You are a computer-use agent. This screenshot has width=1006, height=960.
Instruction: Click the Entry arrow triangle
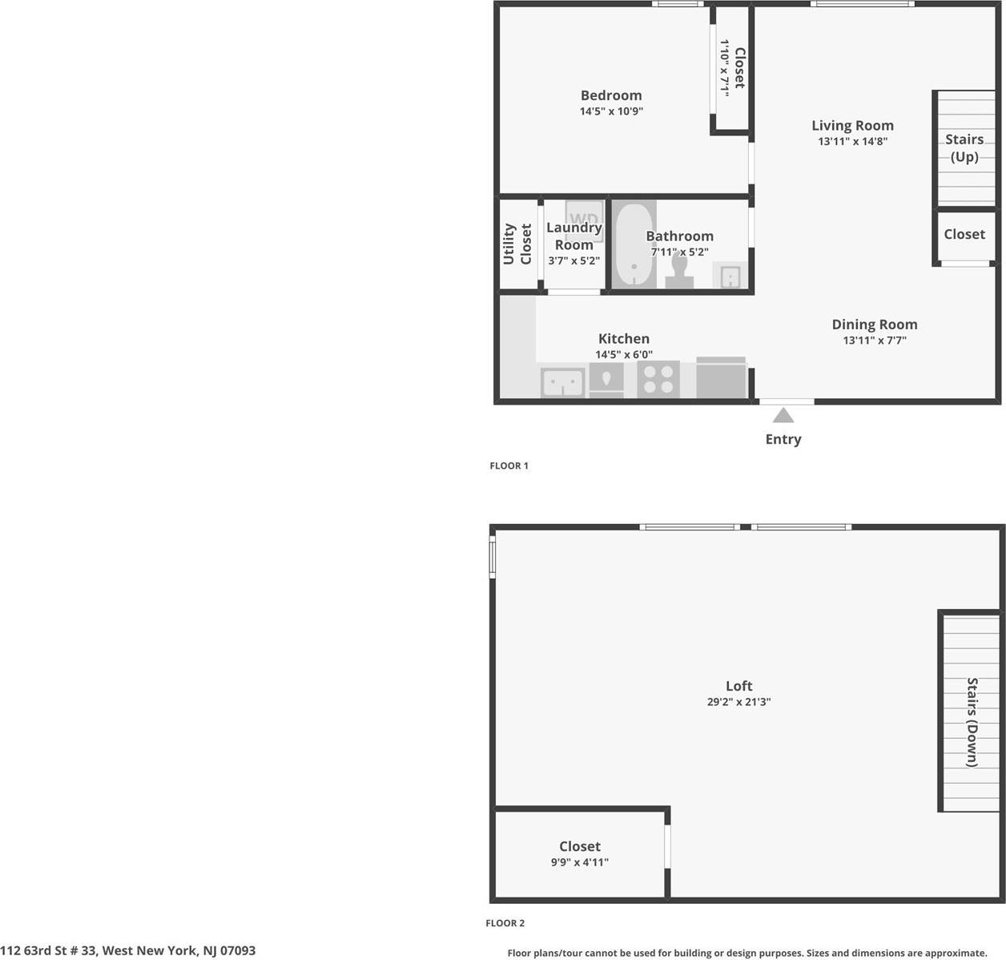click(783, 415)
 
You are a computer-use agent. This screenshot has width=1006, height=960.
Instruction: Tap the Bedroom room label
click(611, 95)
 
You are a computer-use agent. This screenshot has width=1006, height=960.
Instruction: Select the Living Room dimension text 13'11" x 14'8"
click(852, 141)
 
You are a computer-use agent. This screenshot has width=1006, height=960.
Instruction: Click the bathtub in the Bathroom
click(634, 244)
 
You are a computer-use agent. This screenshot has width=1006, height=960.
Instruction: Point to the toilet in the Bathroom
click(679, 271)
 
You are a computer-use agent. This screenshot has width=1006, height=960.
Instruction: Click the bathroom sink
click(730, 277)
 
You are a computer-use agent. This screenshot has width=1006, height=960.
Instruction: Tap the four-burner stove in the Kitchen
click(658, 379)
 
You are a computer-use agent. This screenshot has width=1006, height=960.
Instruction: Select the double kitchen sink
click(562, 382)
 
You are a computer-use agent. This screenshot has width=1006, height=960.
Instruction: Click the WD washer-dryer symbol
click(585, 218)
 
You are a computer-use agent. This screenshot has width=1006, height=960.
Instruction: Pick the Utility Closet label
click(517, 244)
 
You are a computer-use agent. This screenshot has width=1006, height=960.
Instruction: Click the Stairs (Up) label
click(964, 147)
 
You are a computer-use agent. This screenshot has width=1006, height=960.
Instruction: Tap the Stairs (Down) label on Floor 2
click(972, 722)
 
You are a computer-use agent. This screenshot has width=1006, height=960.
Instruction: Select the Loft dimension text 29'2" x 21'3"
click(738, 702)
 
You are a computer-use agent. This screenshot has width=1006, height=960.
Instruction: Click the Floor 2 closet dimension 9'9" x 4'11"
click(579, 862)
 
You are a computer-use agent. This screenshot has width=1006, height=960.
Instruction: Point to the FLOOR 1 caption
click(509, 466)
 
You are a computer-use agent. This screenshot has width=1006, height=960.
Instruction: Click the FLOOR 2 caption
click(505, 923)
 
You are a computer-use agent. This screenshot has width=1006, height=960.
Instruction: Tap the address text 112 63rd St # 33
click(128, 950)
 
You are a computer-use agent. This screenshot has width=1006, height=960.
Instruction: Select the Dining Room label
click(874, 324)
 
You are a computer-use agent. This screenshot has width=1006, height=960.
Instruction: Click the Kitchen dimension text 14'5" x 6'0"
click(624, 354)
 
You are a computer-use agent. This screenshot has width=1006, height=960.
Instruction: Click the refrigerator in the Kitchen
click(721, 378)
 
